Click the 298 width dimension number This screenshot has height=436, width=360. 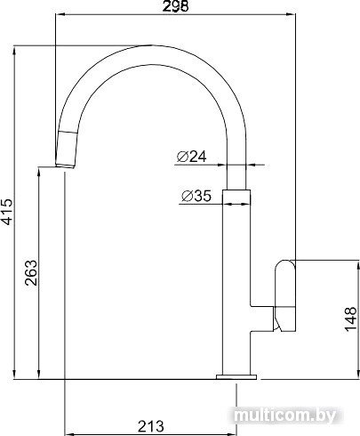(x=175, y=6)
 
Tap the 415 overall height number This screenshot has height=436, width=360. (x=7, y=212)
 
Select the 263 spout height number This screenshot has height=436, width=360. (x=31, y=273)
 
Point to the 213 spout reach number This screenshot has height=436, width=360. (x=150, y=426)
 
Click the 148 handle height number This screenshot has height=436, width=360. (x=350, y=319)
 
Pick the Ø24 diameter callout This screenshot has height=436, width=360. (x=191, y=157)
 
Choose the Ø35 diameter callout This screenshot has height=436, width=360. (x=196, y=196)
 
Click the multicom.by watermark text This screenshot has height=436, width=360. (x=285, y=416)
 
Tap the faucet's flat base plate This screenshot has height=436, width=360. (x=236, y=377)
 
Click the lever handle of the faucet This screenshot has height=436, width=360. (x=285, y=295)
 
